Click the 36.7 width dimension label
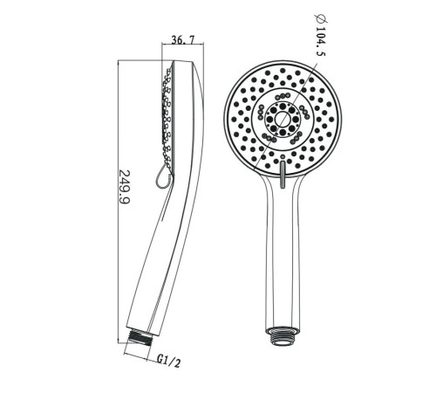(x=183, y=39)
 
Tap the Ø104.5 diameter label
(x=320, y=35)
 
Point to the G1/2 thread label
(x=169, y=361)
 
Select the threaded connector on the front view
(x=283, y=336)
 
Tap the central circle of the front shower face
(x=283, y=119)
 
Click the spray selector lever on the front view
(x=283, y=175)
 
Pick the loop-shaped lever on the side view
(x=163, y=176)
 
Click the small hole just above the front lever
(x=283, y=157)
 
